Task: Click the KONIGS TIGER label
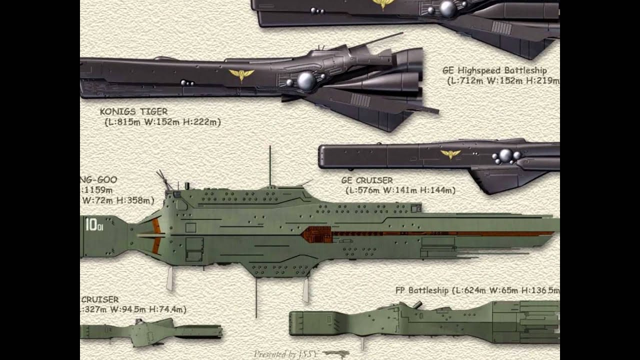(x=133, y=111)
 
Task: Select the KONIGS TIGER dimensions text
(x=162, y=122)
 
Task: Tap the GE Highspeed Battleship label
(x=494, y=70)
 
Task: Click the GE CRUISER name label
(x=367, y=180)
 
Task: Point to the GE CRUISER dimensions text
(x=400, y=190)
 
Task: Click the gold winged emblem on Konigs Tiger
(x=241, y=75)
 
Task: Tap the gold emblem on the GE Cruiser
(x=450, y=154)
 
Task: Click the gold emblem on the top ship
(x=382, y=4)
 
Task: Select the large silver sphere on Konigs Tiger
(x=306, y=81)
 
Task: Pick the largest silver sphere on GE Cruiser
(x=506, y=155)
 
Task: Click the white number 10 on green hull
(x=91, y=225)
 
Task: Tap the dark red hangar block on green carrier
(x=317, y=234)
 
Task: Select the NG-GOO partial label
(x=98, y=180)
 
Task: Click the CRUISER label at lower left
(x=100, y=299)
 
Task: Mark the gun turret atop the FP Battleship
(x=416, y=304)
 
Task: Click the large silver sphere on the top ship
(x=447, y=8)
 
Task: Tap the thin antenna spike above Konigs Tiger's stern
(x=380, y=40)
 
